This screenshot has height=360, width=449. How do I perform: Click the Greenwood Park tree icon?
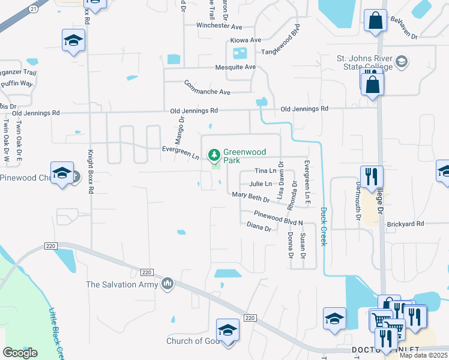(214, 156)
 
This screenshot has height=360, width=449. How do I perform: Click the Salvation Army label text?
(121, 284)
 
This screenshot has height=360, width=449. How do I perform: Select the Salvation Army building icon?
(167, 283)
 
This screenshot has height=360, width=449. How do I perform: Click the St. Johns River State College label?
(364, 62)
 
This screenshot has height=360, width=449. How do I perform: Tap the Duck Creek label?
(324, 226)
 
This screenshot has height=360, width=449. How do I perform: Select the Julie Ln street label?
(261, 184)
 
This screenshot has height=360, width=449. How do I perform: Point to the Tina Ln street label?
(265, 172)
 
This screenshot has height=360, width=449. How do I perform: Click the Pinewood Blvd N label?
(278, 217)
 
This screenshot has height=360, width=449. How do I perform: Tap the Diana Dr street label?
(259, 227)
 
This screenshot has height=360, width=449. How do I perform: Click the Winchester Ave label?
(219, 26)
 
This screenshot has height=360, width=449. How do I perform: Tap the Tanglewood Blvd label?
(279, 42)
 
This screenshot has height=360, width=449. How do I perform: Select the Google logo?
(20, 352)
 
